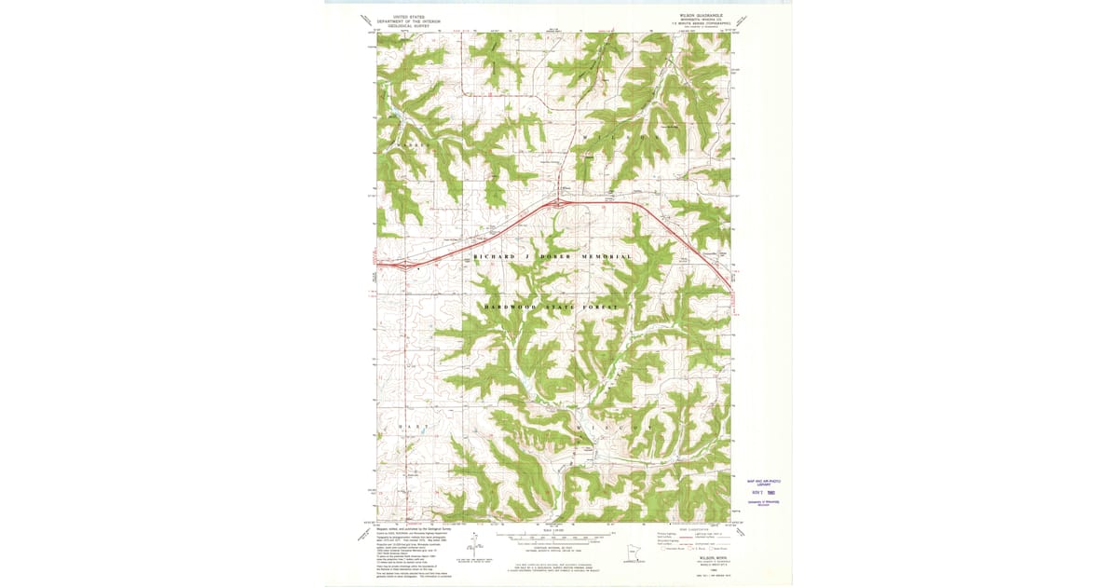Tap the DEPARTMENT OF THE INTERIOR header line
(410, 21)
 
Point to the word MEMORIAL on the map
(607, 256)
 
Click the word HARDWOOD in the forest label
(510, 307)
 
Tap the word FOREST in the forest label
(601, 307)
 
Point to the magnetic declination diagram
(470, 550)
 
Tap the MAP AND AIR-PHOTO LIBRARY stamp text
(763, 483)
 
